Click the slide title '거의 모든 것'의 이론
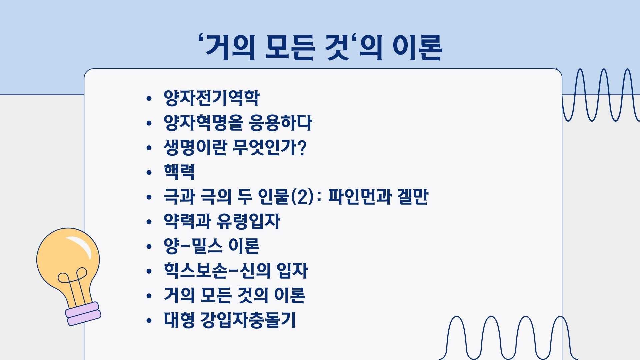tap(320, 47)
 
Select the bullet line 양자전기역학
tap(211, 98)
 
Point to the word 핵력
tap(179, 172)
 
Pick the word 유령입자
tap(249, 221)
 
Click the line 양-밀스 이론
tap(211, 246)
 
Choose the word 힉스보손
tap(195, 271)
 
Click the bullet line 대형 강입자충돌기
tap(230, 320)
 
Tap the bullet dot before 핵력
tap(149, 172)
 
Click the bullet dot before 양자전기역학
tap(149, 98)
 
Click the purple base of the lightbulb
tap(83, 314)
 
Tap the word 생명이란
tap(195, 147)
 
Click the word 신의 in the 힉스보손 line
tap(255, 271)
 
